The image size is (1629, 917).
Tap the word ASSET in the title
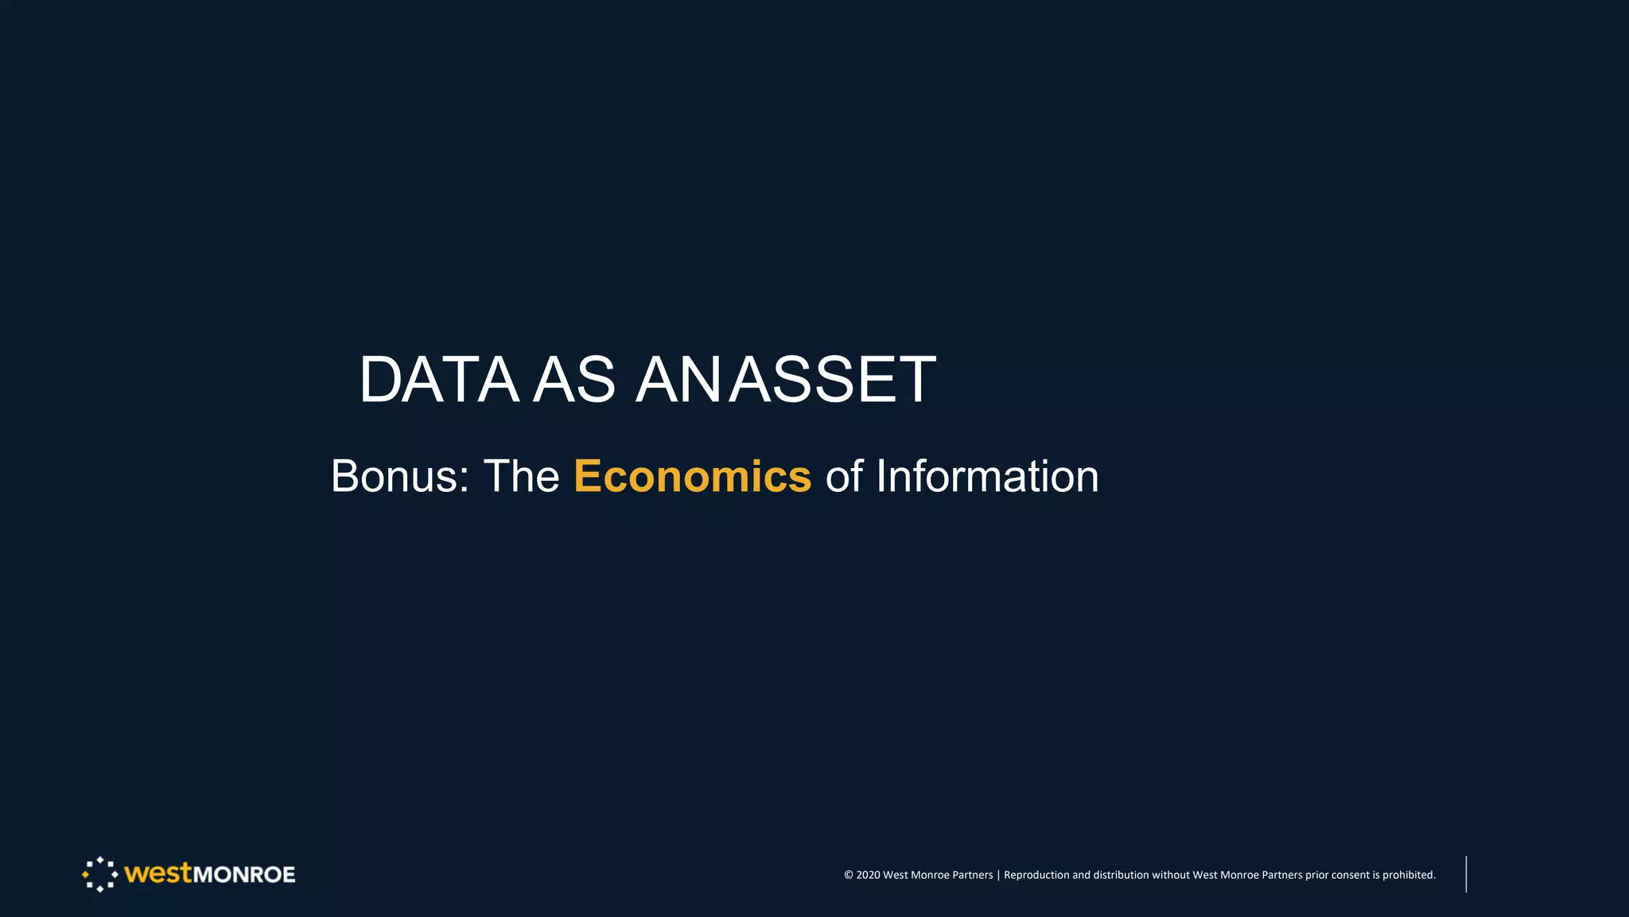[x=833, y=380]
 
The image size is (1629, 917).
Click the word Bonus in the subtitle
[x=393, y=476]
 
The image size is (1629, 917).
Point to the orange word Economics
[x=692, y=476]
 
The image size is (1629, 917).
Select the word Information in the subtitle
[x=987, y=476]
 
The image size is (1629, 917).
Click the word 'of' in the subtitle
[x=844, y=476]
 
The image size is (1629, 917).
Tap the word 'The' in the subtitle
[x=521, y=476]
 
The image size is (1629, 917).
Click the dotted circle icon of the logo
[x=99, y=874]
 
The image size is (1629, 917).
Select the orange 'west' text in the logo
[x=158, y=873]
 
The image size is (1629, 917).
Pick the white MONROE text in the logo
[x=244, y=875]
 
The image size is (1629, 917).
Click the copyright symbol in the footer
[x=848, y=875]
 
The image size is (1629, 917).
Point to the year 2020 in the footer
[x=868, y=875]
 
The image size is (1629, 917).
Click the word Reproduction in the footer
[x=1036, y=875]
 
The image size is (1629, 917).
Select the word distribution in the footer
[x=1121, y=875]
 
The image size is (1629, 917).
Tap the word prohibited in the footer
[x=1409, y=875]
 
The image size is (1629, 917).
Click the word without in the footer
[x=1170, y=875]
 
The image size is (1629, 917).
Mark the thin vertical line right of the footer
[x=1466, y=874]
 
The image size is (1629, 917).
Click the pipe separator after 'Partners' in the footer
[x=998, y=875]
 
